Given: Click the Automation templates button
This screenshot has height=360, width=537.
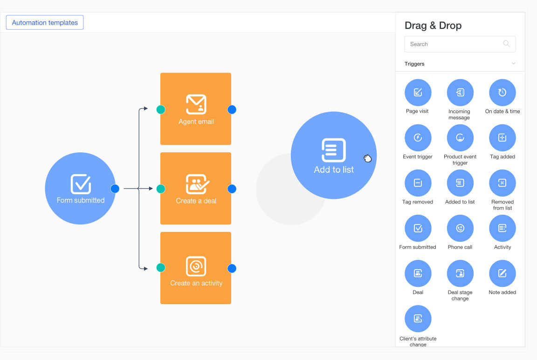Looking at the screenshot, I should pos(45,22).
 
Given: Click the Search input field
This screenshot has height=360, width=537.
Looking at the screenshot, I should pos(452,44).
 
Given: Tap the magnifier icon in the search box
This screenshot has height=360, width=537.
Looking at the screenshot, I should pos(506,44).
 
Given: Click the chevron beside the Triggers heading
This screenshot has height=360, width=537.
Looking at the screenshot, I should pos(513,64).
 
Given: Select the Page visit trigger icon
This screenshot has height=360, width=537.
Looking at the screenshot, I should pos(418,92).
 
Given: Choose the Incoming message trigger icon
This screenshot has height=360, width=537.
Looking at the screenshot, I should pos(460,92).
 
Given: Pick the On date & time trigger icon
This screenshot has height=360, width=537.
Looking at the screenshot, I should pos(502,92).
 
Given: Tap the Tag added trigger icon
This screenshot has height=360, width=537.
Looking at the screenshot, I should pos(502,137).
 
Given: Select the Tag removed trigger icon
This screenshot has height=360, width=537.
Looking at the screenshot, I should pos(418,183).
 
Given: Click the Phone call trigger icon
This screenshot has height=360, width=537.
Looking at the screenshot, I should pos(460,228).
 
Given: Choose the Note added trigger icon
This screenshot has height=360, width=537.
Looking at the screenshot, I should pos(502,273).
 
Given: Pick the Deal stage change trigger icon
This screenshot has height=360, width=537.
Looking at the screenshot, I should pos(460,273).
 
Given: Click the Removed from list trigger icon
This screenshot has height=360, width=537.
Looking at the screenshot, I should pos(502,183).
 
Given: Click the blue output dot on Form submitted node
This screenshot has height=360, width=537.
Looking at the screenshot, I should pos(115,189).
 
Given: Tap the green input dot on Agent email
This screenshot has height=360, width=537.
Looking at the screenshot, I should pos(161,109).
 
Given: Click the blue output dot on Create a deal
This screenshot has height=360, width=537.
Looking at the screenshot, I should pos(232,189).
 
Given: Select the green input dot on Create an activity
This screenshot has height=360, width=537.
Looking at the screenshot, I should pos(161,268).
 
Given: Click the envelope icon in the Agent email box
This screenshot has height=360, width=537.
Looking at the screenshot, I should pos(196,104).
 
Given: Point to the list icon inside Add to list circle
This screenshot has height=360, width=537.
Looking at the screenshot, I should pos(334,150).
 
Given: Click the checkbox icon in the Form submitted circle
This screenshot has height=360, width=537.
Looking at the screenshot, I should pos(81,184).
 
